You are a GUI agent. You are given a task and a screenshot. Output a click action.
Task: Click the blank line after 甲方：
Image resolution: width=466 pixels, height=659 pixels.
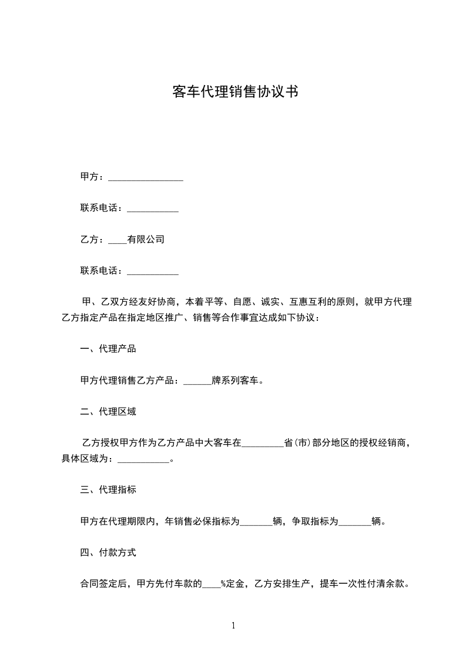click(x=146, y=177)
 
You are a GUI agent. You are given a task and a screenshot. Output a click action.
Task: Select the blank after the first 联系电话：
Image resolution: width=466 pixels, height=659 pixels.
click(x=153, y=208)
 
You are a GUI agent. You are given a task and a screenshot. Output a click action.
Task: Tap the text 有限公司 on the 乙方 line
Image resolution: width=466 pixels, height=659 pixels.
click(x=146, y=239)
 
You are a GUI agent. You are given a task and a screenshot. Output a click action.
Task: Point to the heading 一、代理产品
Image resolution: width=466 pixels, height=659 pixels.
click(x=108, y=349)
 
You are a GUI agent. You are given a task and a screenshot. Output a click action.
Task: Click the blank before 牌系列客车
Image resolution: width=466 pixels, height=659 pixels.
click(x=197, y=381)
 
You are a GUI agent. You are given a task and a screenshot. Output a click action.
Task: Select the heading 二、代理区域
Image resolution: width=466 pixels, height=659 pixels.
click(x=108, y=412)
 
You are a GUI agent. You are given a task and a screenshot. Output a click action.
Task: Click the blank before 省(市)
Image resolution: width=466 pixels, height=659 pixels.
click(x=263, y=443)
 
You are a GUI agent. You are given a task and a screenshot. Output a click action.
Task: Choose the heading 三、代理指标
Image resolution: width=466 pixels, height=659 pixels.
click(x=108, y=489)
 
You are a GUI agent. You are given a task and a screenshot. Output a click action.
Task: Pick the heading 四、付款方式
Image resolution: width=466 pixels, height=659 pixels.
click(x=108, y=553)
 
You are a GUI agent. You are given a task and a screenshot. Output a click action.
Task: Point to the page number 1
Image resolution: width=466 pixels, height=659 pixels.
click(x=233, y=626)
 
